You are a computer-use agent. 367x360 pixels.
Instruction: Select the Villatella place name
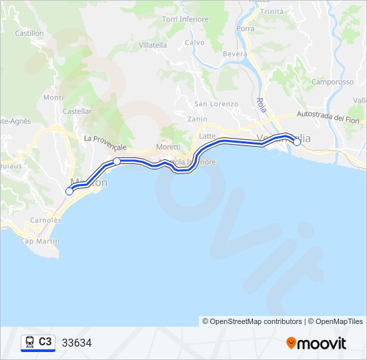[153, 45]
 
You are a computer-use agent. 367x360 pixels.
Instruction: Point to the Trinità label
[272, 11]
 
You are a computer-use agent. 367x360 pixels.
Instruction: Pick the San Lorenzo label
[216, 104]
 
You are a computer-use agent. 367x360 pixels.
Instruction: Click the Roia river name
[260, 107]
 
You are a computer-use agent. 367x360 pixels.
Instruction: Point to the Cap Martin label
[36, 241]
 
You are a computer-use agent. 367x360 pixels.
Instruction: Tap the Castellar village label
[77, 111]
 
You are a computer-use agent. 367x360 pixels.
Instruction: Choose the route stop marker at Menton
[69, 191]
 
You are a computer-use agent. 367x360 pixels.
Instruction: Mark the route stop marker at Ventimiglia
[297, 141]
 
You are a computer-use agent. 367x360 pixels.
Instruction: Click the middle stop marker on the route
[117, 161]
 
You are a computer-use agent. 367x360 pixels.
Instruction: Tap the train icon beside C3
[29, 343]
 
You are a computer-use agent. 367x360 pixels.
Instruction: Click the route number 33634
[77, 343]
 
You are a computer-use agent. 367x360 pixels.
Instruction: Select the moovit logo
[316, 343]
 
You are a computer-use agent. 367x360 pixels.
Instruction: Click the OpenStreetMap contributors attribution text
[252, 321]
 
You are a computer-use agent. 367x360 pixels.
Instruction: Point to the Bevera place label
[236, 54]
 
